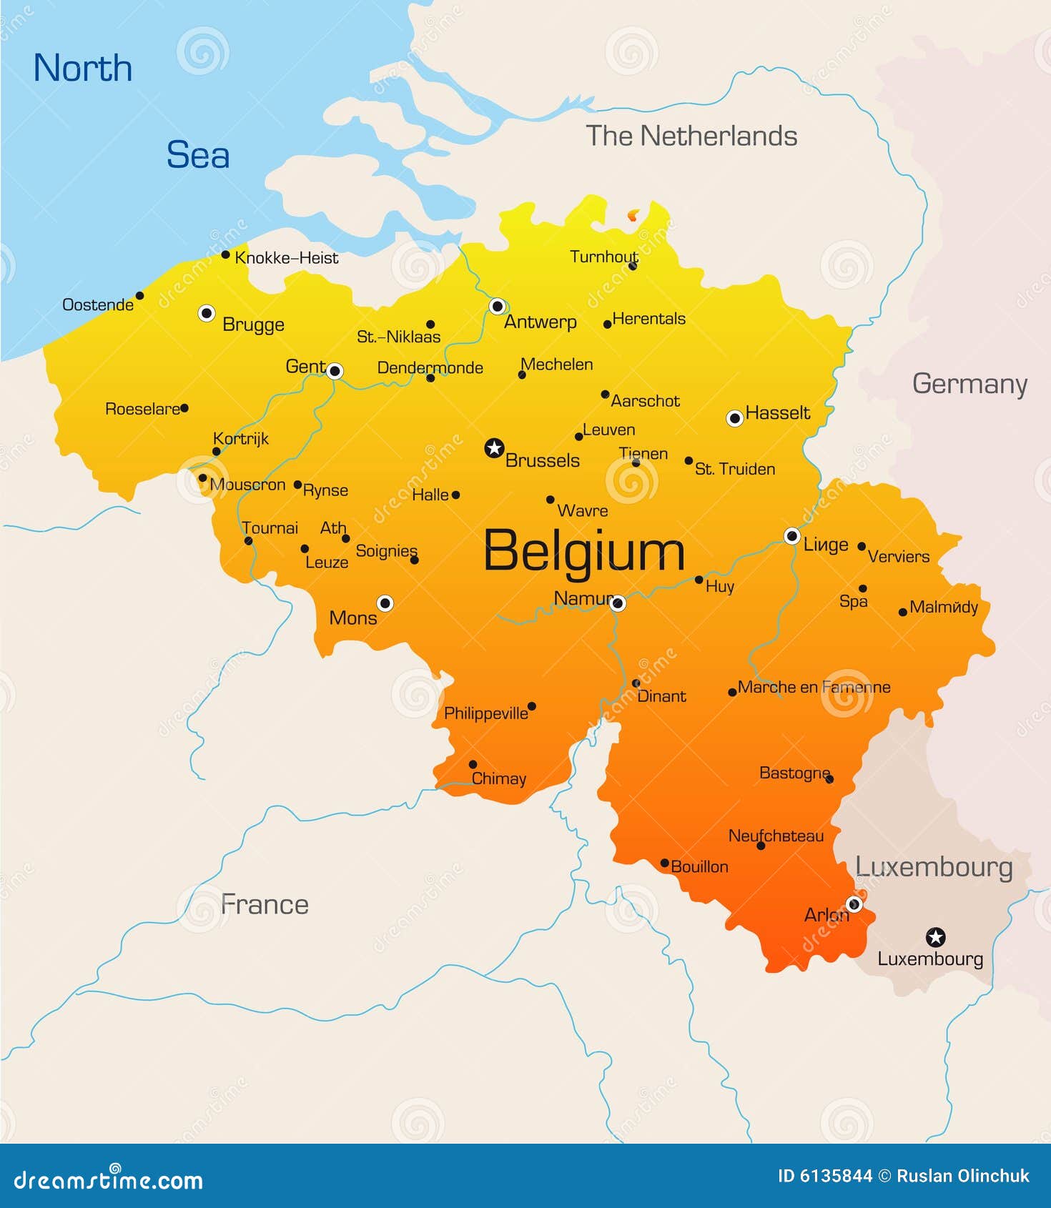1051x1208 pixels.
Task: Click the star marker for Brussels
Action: pyautogui.click(x=494, y=448)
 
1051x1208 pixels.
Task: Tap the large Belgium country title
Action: pyautogui.click(x=584, y=551)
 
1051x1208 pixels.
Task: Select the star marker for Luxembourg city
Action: pyautogui.click(x=935, y=937)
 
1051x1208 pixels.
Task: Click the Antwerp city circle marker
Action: pyautogui.click(x=498, y=307)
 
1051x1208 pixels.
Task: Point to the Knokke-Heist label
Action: pyautogui.click(x=286, y=258)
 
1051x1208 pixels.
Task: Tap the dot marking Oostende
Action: pyautogui.click(x=140, y=296)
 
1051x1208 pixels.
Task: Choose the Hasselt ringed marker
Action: pyautogui.click(x=734, y=418)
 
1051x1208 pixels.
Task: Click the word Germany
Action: pyautogui.click(x=969, y=384)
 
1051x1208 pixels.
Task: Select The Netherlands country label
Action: pyautogui.click(x=691, y=136)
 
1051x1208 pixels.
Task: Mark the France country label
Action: pyautogui.click(x=265, y=905)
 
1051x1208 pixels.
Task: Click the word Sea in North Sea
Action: pyautogui.click(x=198, y=155)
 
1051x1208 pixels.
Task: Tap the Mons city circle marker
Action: pyautogui.click(x=385, y=603)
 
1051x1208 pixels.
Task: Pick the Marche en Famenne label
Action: pyautogui.click(x=814, y=688)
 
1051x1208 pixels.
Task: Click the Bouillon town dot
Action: pyautogui.click(x=664, y=863)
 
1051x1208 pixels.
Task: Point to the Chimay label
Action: pyautogui.click(x=499, y=779)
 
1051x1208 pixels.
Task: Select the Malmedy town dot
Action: pyautogui.click(x=903, y=612)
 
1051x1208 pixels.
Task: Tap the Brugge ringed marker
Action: pyautogui.click(x=207, y=313)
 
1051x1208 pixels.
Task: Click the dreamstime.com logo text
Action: pyautogui.click(x=109, y=1179)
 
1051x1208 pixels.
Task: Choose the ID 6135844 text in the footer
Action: pyautogui.click(x=825, y=1176)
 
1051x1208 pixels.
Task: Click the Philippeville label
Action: pyautogui.click(x=485, y=713)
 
